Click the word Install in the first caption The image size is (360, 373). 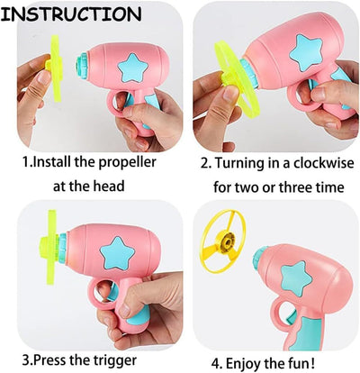(55, 165)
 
